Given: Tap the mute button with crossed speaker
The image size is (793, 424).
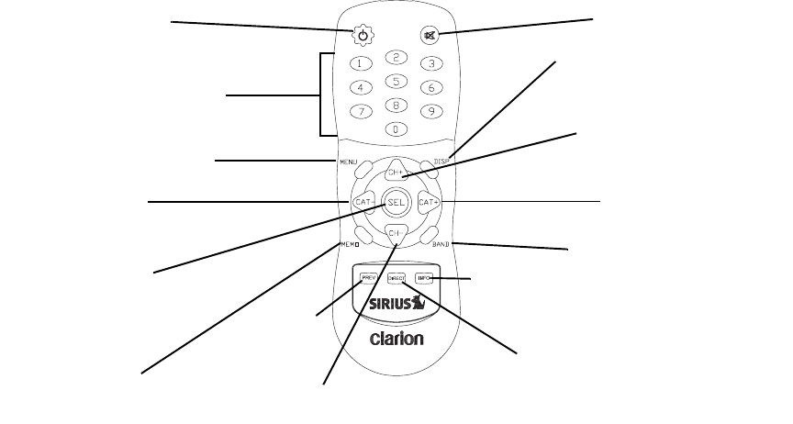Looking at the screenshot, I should [x=430, y=36].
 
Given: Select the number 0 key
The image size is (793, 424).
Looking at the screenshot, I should [x=396, y=129].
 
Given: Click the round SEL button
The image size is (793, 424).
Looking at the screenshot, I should [x=396, y=201].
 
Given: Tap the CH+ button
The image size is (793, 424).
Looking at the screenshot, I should [x=396, y=172].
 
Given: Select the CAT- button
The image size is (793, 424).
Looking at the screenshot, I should [x=361, y=201].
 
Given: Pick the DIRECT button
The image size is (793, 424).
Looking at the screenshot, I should [x=396, y=277].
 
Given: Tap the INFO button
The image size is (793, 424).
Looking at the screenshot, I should [x=424, y=277].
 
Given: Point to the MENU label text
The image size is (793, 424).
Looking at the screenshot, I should [x=347, y=162].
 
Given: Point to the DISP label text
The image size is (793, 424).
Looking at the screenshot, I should [x=444, y=162].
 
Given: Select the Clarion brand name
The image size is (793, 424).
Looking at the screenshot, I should [x=396, y=338].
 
